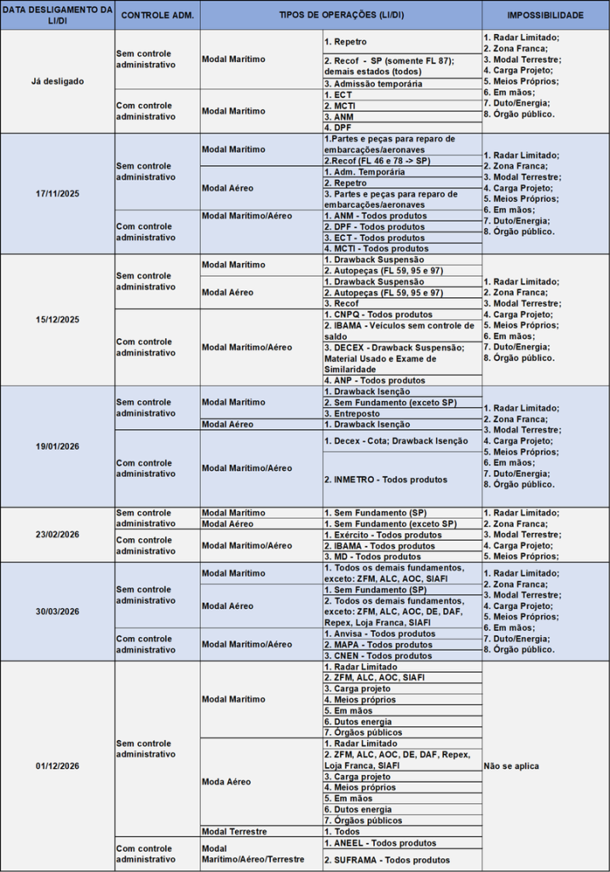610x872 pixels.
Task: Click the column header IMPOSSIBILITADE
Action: pos(545,15)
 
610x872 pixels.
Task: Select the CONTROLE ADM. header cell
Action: pos(158,15)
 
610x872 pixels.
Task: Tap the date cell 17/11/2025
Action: pos(58,193)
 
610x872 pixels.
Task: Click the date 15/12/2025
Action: pos(58,319)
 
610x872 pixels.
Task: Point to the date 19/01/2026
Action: pos(58,446)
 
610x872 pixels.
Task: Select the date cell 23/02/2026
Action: pos(58,534)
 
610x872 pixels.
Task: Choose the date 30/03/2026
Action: pos(58,611)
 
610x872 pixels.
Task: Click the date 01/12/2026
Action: pos(58,766)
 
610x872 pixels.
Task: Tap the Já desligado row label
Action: pos(58,82)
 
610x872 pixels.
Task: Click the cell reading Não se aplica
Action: pos(511,766)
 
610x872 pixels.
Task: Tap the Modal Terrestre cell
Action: pos(234,831)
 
